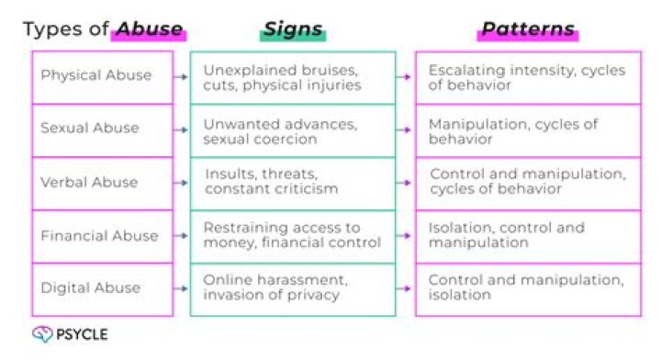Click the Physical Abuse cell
click(x=103, y=77)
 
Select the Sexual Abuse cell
click(x=103, y=130)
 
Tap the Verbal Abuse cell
click(x=103, y=184)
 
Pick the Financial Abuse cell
click(x=103, y=237)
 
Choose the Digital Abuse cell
click(x=103, y=289)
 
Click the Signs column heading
click(x=293, y=29)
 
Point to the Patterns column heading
click(x=528, y=28)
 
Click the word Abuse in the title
click(x=150, y=28)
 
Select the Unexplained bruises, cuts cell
click(x=293, y=77)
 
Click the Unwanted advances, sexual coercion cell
click(x=293, y=130)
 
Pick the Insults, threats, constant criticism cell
click(x=293, y=184)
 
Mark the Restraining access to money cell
click(x=293, y=237)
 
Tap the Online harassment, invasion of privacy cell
click(x=293, y=289)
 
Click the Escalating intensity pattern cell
click(x=528, y=77)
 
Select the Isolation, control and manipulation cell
click(x=528, y=237)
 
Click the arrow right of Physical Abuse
click(x=181, y=77)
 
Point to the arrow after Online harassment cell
click(x=403, y=288)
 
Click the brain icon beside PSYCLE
click(x=42, y=334)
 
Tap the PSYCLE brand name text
click(x=82, y=334)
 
